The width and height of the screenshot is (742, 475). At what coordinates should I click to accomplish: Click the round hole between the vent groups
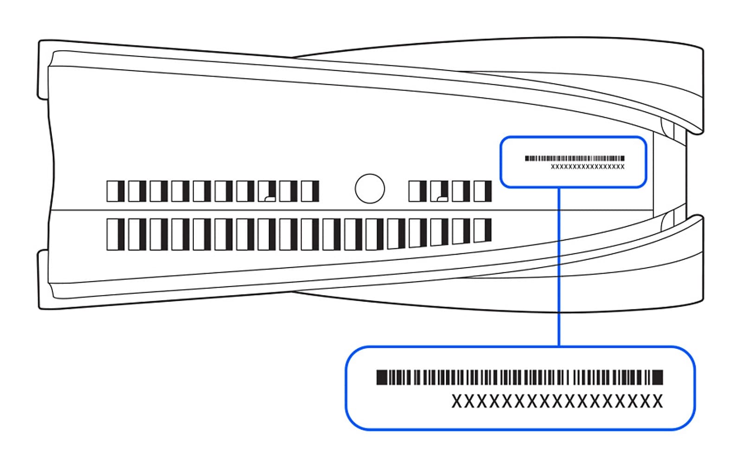pos(370,189)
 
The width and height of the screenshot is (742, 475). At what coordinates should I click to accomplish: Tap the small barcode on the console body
pos(575,158)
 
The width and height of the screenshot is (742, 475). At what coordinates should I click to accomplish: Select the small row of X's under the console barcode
pos(588,167)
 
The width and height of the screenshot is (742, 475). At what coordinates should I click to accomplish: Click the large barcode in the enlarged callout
pos(519,378)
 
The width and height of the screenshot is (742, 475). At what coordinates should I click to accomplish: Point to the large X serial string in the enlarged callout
pos(557,401)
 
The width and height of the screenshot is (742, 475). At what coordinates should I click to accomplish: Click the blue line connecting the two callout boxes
pos(559,267)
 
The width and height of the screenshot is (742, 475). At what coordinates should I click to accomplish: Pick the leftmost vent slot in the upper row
pos(115,191)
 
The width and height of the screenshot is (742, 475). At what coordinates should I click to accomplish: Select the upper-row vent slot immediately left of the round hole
pos(310,191)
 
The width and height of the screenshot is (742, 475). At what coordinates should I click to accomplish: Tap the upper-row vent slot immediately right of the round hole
pos(417,191)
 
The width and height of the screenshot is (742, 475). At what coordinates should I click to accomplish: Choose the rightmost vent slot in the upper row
pos(482,191)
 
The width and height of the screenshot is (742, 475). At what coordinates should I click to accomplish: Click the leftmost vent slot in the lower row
pos(115,234)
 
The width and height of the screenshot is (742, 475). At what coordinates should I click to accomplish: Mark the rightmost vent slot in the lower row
pos(482,231)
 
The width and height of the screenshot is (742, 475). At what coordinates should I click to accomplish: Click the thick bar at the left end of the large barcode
pos(381,378)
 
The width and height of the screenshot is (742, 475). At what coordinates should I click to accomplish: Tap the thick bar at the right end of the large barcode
pos(658,378)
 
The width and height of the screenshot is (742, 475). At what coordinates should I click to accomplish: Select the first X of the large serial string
pos(457,401)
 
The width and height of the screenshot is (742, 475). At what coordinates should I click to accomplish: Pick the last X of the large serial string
pos(658,401)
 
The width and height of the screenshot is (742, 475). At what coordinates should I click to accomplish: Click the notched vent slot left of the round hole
pos(267,191)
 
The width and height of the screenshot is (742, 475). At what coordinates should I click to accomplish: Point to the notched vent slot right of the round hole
pos(439,191)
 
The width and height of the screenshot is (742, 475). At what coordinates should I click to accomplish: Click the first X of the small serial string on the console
pos(553,167)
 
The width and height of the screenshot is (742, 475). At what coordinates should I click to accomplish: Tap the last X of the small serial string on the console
pos(622,167)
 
